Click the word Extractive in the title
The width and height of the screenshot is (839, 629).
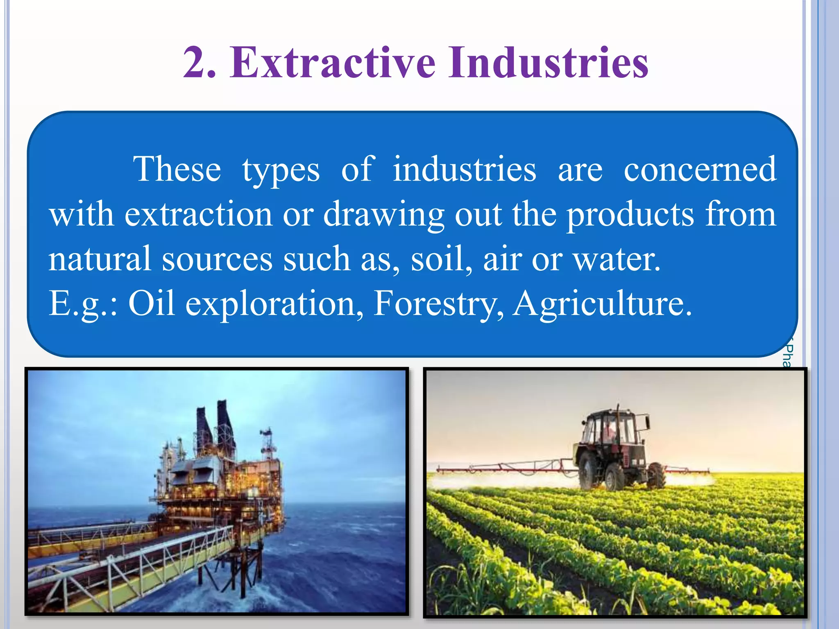332,63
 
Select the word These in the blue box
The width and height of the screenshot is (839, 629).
177,169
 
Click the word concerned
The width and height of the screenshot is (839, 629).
700,169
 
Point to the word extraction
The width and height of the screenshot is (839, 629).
198,214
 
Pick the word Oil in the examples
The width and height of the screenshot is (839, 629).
152,303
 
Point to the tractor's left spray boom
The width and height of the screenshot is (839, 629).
504,467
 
